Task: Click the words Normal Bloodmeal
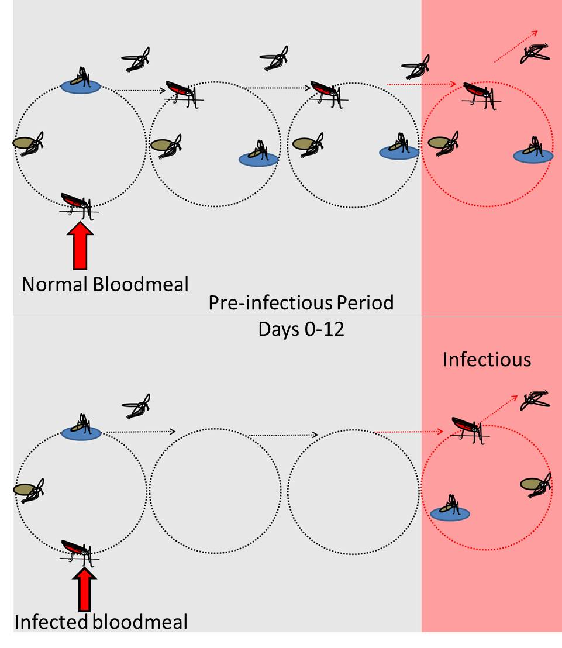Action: [x=105, y=284]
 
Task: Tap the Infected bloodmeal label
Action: [x=101, y=622]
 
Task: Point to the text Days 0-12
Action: [x=301, y=329]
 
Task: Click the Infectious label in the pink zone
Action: [x=487, y=359]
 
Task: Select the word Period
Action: [x=368, y=304]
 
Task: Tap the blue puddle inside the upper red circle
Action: [x=533, y=156]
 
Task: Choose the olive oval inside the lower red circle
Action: [x=531, y=484]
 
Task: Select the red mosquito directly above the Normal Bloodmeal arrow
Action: [x=77, y=203]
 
